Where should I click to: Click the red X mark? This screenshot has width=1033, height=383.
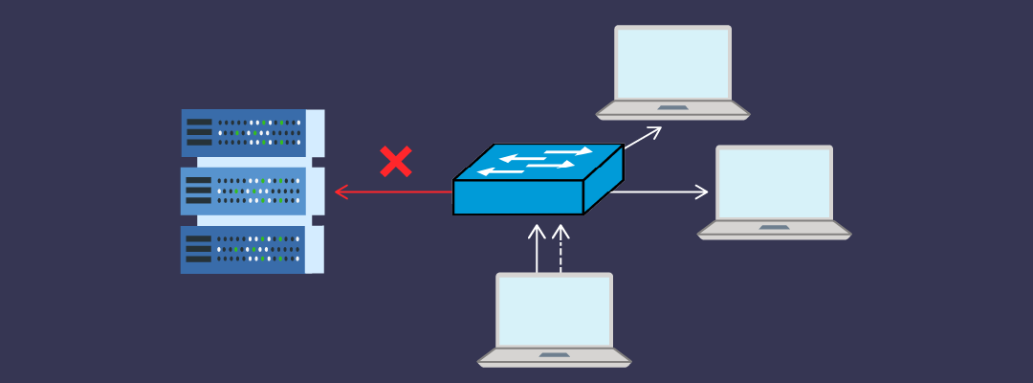395,162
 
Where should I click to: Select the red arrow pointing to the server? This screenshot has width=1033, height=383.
392,192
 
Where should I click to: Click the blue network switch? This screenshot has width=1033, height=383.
538,180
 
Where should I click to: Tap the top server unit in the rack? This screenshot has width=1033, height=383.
252,132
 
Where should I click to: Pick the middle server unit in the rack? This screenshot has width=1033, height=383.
252,191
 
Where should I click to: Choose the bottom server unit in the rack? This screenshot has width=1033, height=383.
252,249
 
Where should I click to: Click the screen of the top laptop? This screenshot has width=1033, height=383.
672,63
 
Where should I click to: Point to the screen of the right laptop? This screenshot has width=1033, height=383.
774,183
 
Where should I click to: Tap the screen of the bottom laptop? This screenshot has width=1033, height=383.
554,310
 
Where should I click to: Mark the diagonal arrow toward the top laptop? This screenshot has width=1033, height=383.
643,137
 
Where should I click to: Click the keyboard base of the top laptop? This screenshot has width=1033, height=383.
672,110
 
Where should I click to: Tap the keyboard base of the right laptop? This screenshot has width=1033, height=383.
774,230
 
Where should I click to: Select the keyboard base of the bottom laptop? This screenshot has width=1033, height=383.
554,357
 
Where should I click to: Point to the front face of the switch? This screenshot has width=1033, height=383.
517,197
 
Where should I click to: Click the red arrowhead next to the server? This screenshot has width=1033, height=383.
340,192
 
